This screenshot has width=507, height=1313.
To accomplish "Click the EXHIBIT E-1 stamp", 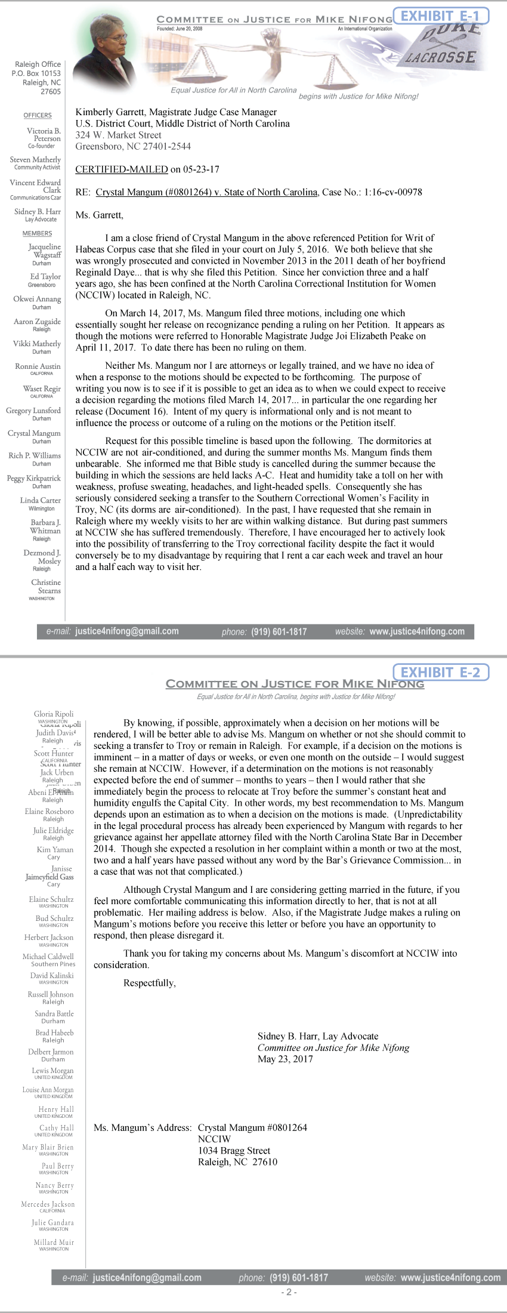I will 440,16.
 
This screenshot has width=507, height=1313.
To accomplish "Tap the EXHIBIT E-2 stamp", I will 440,672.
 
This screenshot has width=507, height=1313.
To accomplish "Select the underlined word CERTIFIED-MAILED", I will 121,169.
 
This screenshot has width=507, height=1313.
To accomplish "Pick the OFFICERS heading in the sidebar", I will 38,115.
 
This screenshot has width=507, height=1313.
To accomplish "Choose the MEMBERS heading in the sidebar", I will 37,233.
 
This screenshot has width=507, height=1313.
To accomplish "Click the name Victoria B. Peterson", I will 43,134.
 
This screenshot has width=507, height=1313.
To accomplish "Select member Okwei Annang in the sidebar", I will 37,299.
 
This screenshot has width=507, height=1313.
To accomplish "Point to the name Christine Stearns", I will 46,586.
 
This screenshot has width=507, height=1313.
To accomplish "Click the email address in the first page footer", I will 126,631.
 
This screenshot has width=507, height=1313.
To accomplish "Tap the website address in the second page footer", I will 450,1277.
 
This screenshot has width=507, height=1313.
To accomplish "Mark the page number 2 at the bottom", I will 289,1292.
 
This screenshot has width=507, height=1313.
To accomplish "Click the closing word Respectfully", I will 149,983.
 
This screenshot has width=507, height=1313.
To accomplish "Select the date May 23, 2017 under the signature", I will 285,1059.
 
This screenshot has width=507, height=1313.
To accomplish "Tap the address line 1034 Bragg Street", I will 234,1150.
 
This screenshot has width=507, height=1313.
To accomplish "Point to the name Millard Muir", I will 54,1242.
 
